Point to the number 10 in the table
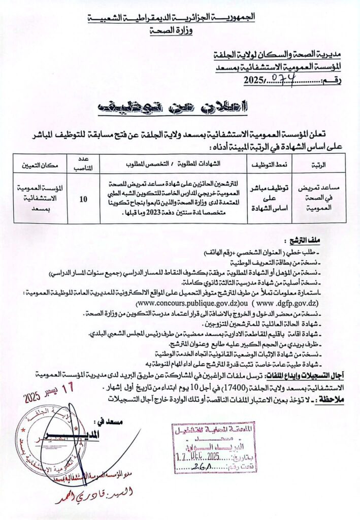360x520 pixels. [x=82, y=199]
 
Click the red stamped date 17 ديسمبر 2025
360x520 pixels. [x=50, y=392]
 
